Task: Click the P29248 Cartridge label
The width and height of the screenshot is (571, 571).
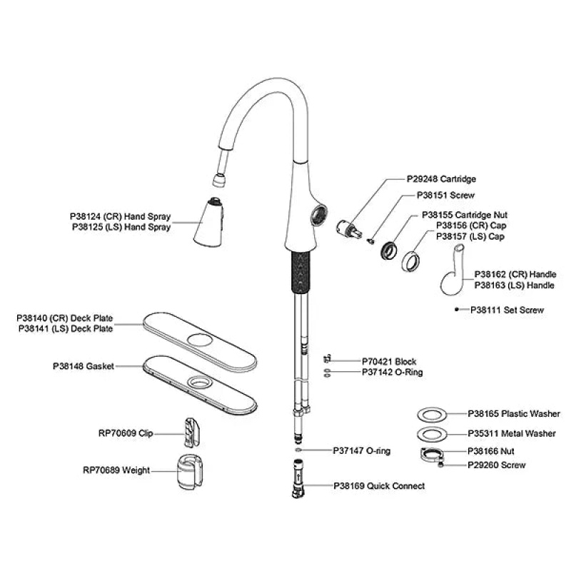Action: pyautogui.click(x=441, y=179)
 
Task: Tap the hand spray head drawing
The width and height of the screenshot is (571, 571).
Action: pyautogui.click(x=208, y=222)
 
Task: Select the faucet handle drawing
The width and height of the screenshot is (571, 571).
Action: pyautogui.click(x=453, y=270)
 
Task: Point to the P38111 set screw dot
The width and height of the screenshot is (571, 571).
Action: pyautogui.click(x=456, y=310)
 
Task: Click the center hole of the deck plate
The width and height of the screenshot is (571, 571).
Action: pyautogui.click(x=200, y=340)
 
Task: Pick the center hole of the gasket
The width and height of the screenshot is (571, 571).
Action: pyautogui.click(x=200, y=382)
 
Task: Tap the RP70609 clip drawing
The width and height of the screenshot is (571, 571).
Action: pyautogui.click(x=192, y=433)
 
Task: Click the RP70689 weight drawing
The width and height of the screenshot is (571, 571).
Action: pyautogui.click(x=189, y=472)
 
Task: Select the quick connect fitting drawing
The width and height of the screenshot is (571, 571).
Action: pyautogui.click(x=298, y=479)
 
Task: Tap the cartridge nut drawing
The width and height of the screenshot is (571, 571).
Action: pyautogui.click(x=389, y=251)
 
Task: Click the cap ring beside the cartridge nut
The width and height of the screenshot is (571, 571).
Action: pyautogui.click(x=410, y=261)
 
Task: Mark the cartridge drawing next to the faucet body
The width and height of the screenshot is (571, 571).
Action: pyautogui.click(x=349, y=228)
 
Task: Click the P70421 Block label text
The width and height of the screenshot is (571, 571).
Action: pyautogui.click(x=389, y=362)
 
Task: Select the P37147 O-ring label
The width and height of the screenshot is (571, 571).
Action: pyautogui.click(x=362, y=451)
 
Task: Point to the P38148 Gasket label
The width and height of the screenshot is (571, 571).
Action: pyautogui.click(x=84, y=366)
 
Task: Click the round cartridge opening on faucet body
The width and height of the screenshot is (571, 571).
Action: pyautogui.click(x=318, y=214)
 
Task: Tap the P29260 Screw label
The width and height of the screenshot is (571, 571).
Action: pyautogui.click(x=496, y=465)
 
